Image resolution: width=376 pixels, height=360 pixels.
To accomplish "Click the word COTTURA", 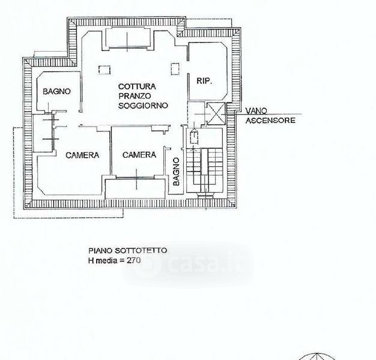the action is [x=137, y=86].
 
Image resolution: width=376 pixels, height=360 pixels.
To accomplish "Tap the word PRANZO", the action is [x=135, y=96].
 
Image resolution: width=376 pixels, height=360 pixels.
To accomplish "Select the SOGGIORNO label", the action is [x=143, y=106].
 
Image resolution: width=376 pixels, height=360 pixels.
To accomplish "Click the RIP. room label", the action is [x=204, y=81].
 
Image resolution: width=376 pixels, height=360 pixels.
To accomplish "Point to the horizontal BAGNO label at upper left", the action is [x=56, y=91].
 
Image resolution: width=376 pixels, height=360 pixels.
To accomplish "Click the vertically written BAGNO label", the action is [x=176, y=172].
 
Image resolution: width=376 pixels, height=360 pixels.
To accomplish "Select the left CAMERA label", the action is [x=82, y=155].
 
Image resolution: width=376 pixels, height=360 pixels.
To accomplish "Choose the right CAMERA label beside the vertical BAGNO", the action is [x=139, y=155].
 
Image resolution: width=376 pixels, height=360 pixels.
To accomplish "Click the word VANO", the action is [x=256, y=110].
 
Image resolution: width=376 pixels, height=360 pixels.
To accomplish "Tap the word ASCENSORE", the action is [x=270, y=120].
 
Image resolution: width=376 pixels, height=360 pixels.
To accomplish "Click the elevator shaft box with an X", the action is [x=216, y=114].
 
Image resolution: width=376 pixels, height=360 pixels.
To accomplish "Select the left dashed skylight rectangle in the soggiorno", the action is [x=105, y=70].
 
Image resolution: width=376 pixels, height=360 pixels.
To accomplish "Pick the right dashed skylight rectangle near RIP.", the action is [x=175, y=69].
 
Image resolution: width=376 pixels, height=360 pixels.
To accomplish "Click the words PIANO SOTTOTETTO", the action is [x=127, y=251].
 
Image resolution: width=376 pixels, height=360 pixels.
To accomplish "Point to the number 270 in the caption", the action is [x=133, y=260].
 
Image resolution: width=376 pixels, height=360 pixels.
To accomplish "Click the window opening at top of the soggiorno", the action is [x=128, y=38].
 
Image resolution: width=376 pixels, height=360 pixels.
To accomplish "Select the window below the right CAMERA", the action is [x=136, y=178].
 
